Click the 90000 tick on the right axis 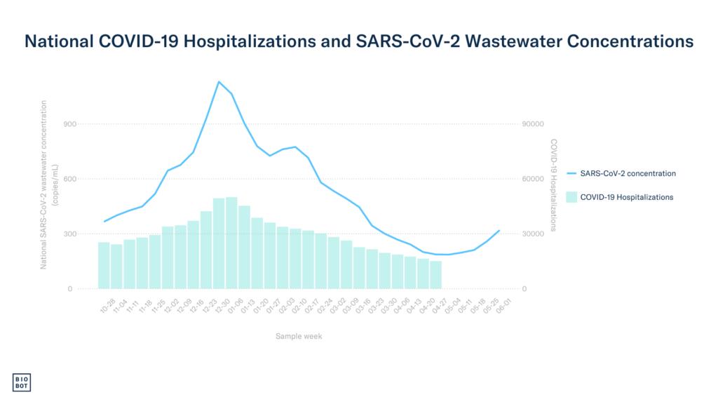534,124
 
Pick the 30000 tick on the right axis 534,234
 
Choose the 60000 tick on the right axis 534,179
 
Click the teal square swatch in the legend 572,197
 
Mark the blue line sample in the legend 572,173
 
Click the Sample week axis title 299,337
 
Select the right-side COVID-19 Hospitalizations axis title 553,184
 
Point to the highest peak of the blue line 219,81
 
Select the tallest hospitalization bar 231,243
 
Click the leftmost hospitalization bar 104,265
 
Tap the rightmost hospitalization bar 436,274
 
